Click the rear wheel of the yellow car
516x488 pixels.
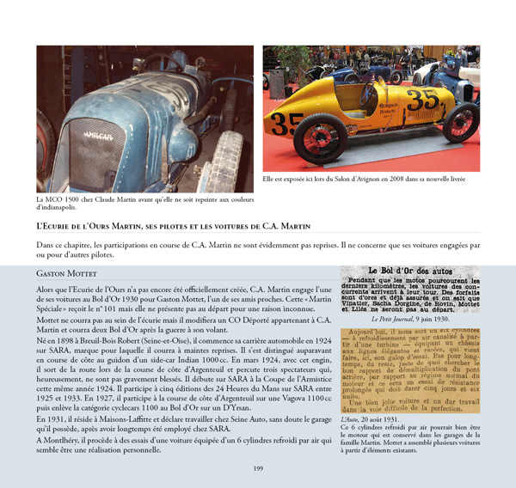[455, 122]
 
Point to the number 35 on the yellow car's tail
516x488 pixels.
[423, 100]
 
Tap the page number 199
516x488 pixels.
[258, 467]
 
